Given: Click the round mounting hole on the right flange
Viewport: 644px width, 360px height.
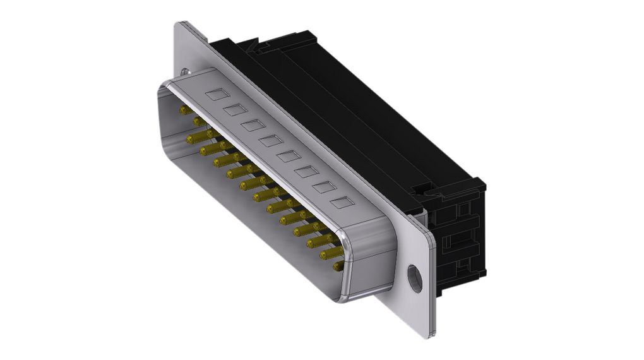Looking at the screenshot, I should pos(414,279).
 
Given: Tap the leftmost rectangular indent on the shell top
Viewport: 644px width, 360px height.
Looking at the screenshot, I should pos(215,95).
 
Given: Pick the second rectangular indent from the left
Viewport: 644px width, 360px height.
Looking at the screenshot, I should pos(234,111).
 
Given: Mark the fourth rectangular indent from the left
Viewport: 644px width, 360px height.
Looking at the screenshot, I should pos(270,141).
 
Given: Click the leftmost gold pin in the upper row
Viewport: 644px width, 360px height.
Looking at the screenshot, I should pos(186,110).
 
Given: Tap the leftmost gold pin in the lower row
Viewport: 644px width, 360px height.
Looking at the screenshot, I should pos(193,139).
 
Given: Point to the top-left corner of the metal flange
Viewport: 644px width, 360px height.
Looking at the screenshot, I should pos(177,24).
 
